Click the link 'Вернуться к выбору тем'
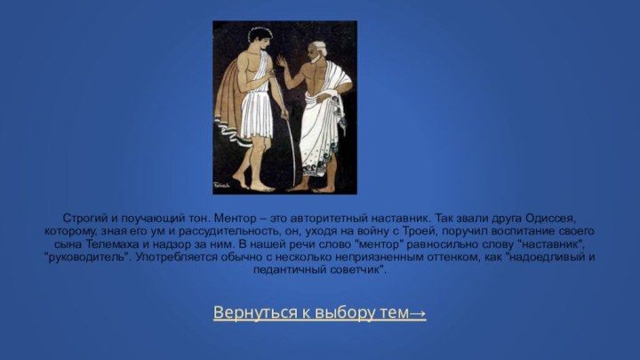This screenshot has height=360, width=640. pyautogui.click(x=313, y=313)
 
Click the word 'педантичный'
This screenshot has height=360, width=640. pyautogui.click(x=288, y=269)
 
